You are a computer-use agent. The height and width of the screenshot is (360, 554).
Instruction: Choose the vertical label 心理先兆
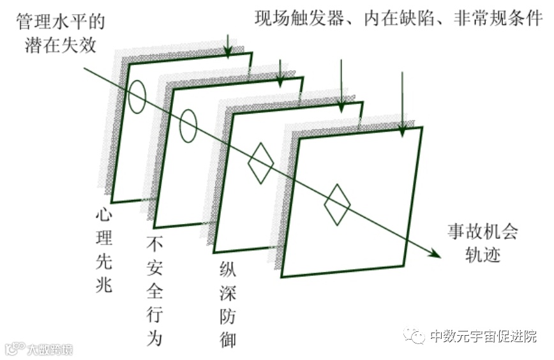pos(103,250)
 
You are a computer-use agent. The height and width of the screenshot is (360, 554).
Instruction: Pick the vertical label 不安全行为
pos(154,291)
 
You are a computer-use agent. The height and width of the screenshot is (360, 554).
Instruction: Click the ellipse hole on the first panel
pos(137,96)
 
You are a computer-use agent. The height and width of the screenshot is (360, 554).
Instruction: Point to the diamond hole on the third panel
pos(260,162)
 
